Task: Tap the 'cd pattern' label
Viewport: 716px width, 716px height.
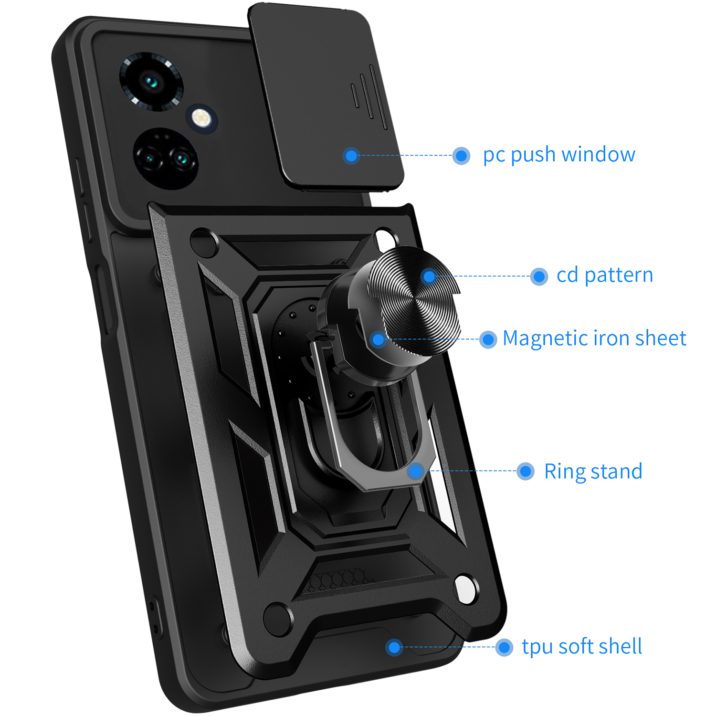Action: [604, 275]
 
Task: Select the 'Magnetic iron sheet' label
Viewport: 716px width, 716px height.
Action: [594, 338]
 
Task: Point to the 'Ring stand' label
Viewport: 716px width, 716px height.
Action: [593, 472]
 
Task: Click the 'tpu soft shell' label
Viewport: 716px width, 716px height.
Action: [581, 647]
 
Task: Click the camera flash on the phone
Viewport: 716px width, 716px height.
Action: [201, 117]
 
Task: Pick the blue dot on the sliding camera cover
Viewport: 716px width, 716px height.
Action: [351, 156]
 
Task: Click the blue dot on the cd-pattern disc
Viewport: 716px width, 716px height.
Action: [429, 276]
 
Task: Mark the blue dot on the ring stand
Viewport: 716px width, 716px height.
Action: [416, 471]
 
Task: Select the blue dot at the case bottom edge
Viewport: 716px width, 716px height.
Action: [394, 647]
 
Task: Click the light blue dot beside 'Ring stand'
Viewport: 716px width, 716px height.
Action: [525, 471]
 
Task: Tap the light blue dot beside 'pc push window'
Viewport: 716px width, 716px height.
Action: [461, 156]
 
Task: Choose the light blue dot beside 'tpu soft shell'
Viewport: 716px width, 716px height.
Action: [504, 647]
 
